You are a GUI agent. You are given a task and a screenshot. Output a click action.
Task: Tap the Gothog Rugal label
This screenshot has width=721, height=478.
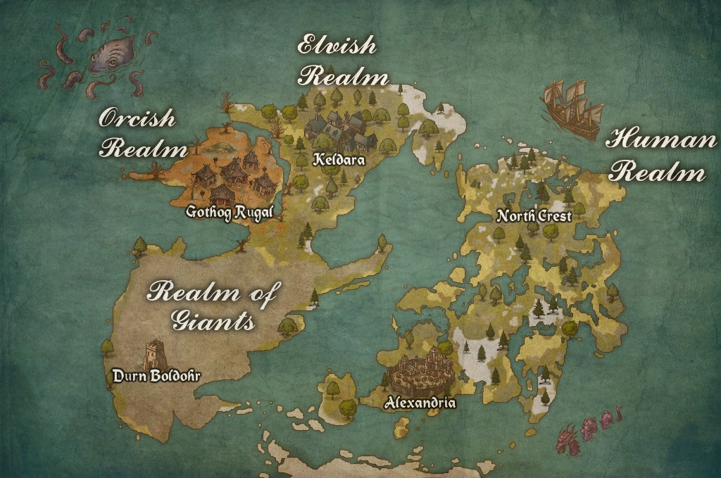229,211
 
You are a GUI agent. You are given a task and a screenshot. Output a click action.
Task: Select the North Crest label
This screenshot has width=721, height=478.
534,216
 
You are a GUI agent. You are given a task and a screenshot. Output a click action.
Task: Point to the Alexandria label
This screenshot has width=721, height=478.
420,403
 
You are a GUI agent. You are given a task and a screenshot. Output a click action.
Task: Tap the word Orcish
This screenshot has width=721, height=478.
137,118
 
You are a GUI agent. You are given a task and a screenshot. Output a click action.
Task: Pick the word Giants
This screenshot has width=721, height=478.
213,322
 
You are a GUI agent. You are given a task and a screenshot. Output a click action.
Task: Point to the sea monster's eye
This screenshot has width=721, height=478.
113,63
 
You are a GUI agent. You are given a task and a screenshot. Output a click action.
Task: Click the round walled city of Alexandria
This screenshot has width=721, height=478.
421,373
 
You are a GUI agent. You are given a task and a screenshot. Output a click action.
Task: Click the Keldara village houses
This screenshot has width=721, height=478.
336,127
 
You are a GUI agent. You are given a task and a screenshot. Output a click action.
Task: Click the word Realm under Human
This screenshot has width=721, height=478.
656,172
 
